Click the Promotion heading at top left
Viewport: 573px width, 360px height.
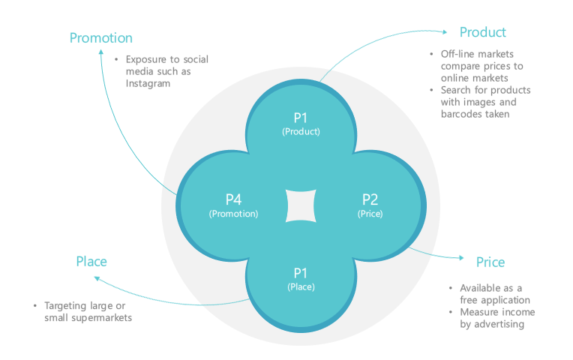coord(100,37)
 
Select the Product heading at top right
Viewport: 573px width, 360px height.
coord(482,32)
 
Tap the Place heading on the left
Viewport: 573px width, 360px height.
coord(91,262)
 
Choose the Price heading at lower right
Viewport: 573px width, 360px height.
coord(490,262)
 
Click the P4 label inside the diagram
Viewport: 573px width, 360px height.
coord(233,199)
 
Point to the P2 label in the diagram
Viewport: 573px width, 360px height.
coord(370,199)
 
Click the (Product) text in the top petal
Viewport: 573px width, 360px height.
coord(301,131)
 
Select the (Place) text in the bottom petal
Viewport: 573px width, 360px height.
coord(301,286)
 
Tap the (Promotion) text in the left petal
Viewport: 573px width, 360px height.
coord(233,214)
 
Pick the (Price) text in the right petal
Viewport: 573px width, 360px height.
coord(370,214)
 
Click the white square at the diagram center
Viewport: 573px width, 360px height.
coord(301,205)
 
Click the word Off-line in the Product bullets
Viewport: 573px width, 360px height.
coord(457,54)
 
